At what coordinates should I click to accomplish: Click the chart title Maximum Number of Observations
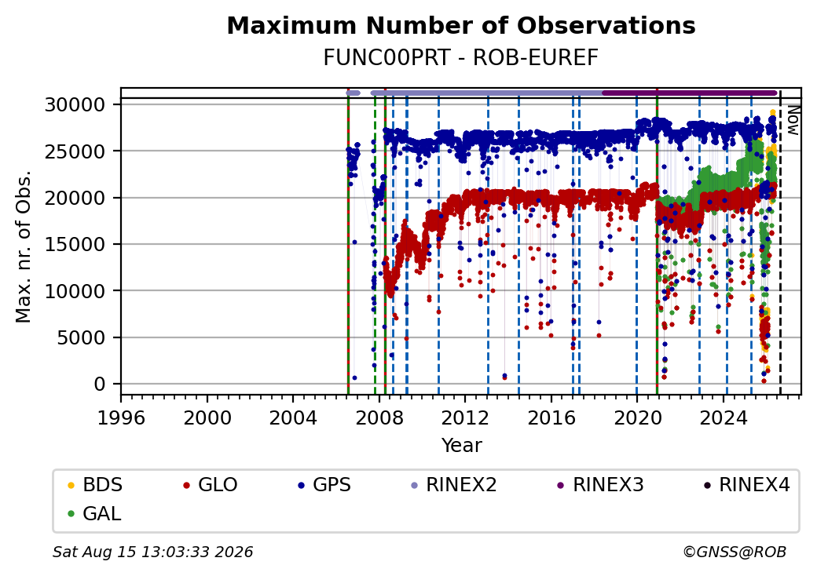[461, 25]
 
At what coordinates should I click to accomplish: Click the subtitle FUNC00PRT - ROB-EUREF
[460, 58]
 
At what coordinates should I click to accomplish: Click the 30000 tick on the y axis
[75, 105]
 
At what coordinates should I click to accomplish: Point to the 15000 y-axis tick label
[75, 245]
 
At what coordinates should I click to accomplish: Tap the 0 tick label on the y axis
[100, 385]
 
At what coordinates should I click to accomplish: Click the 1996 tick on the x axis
[121, 417]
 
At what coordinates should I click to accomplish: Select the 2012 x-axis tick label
[465, 417]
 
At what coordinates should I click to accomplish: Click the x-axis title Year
[461, 446]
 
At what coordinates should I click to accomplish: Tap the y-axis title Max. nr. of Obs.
[24, 246]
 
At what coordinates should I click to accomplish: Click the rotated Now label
[793, 120]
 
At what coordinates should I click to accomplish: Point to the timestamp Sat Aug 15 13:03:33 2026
[152, 552]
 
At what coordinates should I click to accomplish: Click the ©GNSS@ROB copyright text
[735, 552]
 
